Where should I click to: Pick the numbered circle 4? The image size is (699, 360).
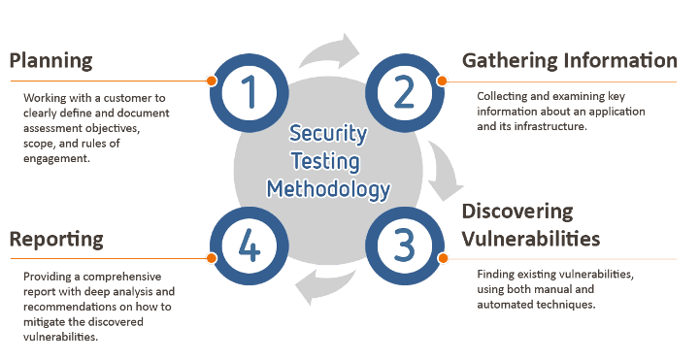[249, 245]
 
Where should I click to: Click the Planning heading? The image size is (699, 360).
[50, 60]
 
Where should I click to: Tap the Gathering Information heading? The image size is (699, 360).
[569, 60]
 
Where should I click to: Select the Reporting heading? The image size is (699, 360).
[56, 238]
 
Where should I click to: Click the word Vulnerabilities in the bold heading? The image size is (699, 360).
[530, 238]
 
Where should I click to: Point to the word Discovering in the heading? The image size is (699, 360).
[517, 212]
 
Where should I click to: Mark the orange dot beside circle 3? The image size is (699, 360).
[443, 258]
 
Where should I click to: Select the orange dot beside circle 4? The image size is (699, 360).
[210, 258]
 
